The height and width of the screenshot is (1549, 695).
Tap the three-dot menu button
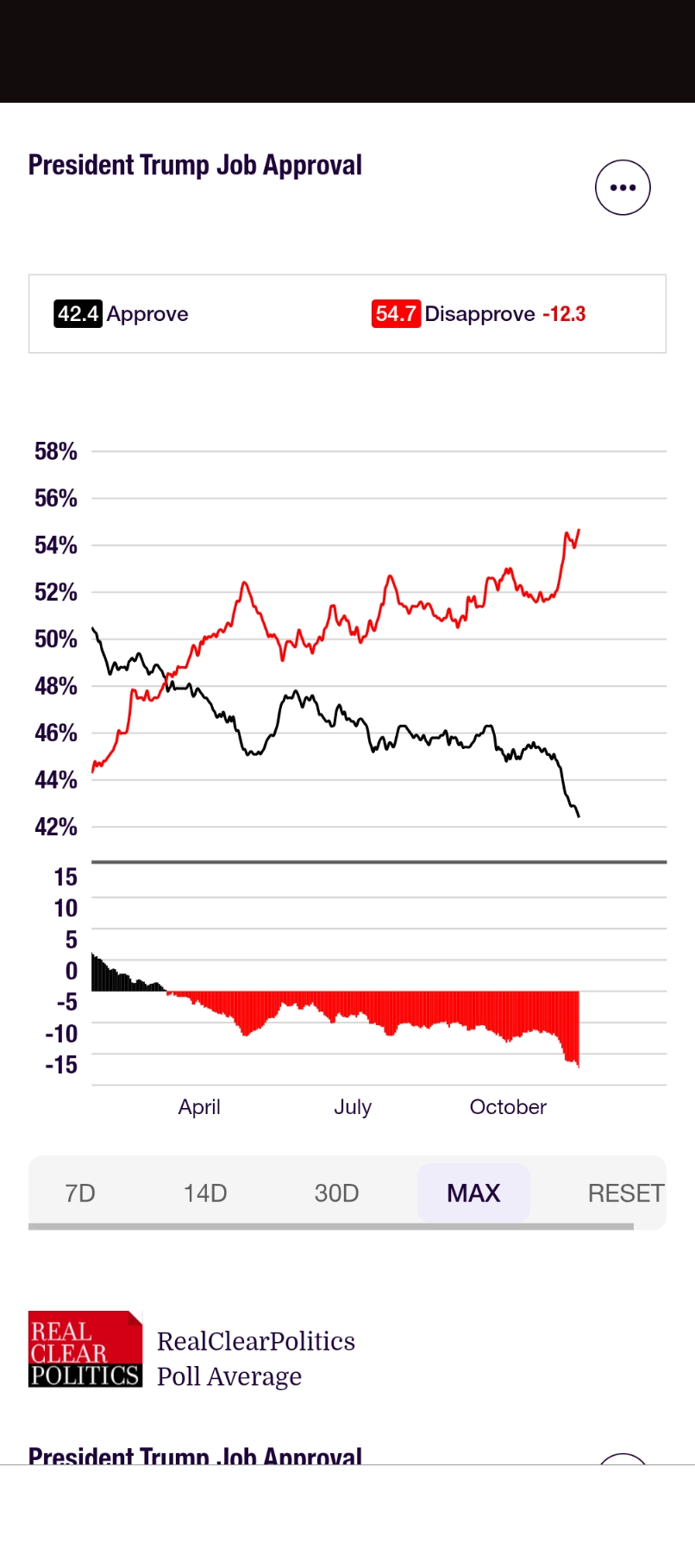pos(623,187)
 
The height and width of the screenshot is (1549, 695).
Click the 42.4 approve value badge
pos(78,313)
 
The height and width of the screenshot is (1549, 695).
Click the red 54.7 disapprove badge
pos(396,313)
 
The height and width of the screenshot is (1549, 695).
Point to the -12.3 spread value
pos(564,314)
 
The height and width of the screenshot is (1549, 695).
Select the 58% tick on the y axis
pos(56,451)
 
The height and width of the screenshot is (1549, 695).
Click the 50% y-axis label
pos(56,639)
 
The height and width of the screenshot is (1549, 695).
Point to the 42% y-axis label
pos(56,827)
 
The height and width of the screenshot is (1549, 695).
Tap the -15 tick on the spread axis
pos(61,1065)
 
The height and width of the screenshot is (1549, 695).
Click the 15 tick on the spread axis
pos(66,878)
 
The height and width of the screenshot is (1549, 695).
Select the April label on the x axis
pos(199,1107)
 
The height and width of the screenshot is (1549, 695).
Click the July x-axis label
pos(353,1107)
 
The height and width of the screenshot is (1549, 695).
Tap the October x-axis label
pos(508,1107)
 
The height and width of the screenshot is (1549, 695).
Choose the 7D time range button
pos(80,1193)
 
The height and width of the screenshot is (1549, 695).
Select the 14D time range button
pos(205,1193)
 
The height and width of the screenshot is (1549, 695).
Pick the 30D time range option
pos(336,1193)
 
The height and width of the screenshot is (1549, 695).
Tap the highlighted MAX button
pos(473,1193)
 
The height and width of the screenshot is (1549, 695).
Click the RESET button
pos(625,1193)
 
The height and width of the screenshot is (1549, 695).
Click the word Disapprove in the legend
pos(480,314)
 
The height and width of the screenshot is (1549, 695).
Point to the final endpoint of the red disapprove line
pos(579,530)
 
